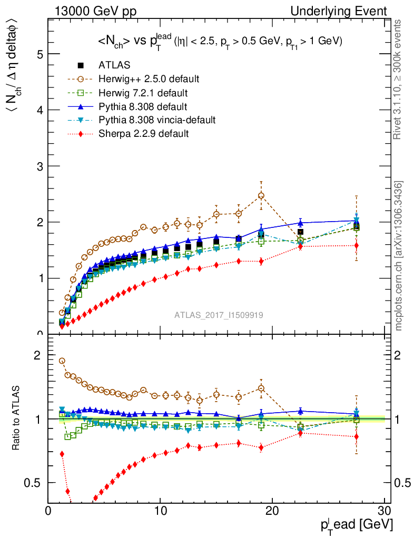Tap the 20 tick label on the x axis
272,512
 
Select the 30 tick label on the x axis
384,512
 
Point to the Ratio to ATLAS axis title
16,418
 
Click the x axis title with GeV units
357,525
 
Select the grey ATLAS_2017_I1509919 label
219,315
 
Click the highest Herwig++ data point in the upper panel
261,196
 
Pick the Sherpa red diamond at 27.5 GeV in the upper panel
357,245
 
